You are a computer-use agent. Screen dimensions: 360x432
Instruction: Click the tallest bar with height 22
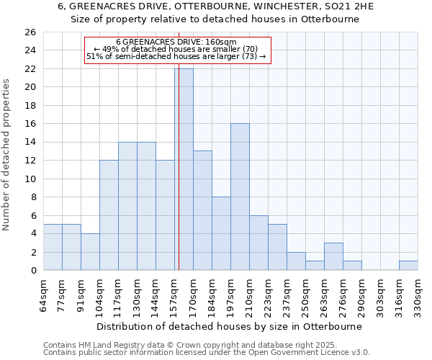pyautogui.click(x=184, y=169)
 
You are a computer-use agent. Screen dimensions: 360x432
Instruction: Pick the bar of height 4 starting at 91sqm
pyautogui.click(x=90, y=251)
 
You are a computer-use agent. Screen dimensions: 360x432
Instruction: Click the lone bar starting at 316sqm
pyautogui.click(x=408, y=265)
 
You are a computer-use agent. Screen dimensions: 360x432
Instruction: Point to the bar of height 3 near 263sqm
pyautogui.click(x=333, y=256)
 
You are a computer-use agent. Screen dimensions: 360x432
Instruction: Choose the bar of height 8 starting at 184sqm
pyautogui.click(x=221, y=233)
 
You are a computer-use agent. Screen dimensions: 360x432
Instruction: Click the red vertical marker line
pyautogui.click(x=178, y=180)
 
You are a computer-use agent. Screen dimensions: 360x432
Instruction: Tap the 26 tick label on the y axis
pyautogui.click(x=30, y=32)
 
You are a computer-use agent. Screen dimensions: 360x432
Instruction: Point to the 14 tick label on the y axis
pyautogui.click(x=30, y=142)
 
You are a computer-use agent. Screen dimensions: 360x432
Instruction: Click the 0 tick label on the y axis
pyautogui.click(x=33, y=270)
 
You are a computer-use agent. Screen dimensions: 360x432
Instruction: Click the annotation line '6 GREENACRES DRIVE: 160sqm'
pyautogui.click(x=176, y=42)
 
